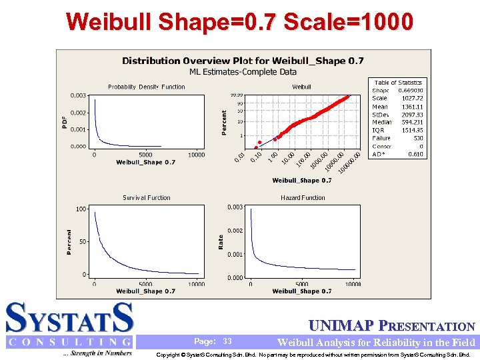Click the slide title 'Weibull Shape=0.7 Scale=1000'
(x=239, y=22)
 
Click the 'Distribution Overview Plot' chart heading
(x=243, y=61)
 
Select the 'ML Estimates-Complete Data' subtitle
(x=243, y=72)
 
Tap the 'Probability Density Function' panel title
(x=147, y=87)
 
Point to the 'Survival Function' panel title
(x=147, y=197)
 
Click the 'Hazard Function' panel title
(x=303, y=197)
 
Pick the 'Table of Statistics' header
(x=398, y=83)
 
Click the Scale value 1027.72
(x=412, y=99)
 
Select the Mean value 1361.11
(x=412, y=107)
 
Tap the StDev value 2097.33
(x=412, y=115)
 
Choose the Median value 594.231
(x=411, y=123)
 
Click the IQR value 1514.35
(x=412, y=131)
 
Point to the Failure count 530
(x=417, y=138)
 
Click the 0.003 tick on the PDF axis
(x=79, y=96)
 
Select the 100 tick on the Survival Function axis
(x=81, y=209)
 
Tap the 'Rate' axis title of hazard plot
(x=221, y=241)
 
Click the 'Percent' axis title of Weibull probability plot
(x=225, y=123)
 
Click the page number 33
(x=227, y=341)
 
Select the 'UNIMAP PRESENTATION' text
(x=393, y=327)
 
